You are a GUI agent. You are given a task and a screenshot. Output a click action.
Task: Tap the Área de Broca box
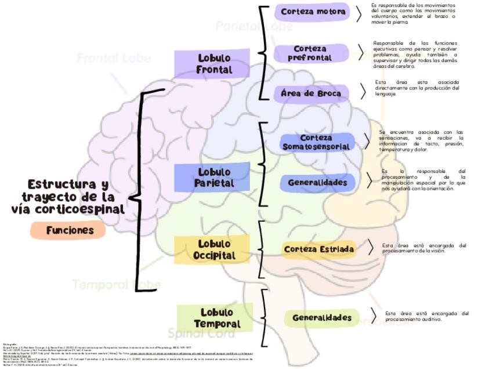coord(311,93)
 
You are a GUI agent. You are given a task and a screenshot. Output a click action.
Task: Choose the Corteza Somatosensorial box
coord(316,142)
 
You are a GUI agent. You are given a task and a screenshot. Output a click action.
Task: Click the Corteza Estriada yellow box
coord(319,249)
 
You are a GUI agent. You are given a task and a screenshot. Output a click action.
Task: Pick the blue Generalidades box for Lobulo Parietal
coord(317,183)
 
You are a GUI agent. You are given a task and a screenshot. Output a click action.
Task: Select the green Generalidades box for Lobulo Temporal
coord(321,318)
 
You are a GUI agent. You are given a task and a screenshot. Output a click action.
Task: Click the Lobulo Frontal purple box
coord(214,64)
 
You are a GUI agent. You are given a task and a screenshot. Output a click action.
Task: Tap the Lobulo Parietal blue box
coord(214,178)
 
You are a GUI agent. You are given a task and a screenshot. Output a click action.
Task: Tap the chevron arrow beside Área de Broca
coord(363,92)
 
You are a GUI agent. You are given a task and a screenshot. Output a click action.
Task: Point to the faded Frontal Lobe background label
coord(114,58)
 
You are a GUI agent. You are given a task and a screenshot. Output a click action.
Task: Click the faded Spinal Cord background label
coord(194,333)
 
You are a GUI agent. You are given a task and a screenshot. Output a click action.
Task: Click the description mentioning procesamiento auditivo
coord(426,316)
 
